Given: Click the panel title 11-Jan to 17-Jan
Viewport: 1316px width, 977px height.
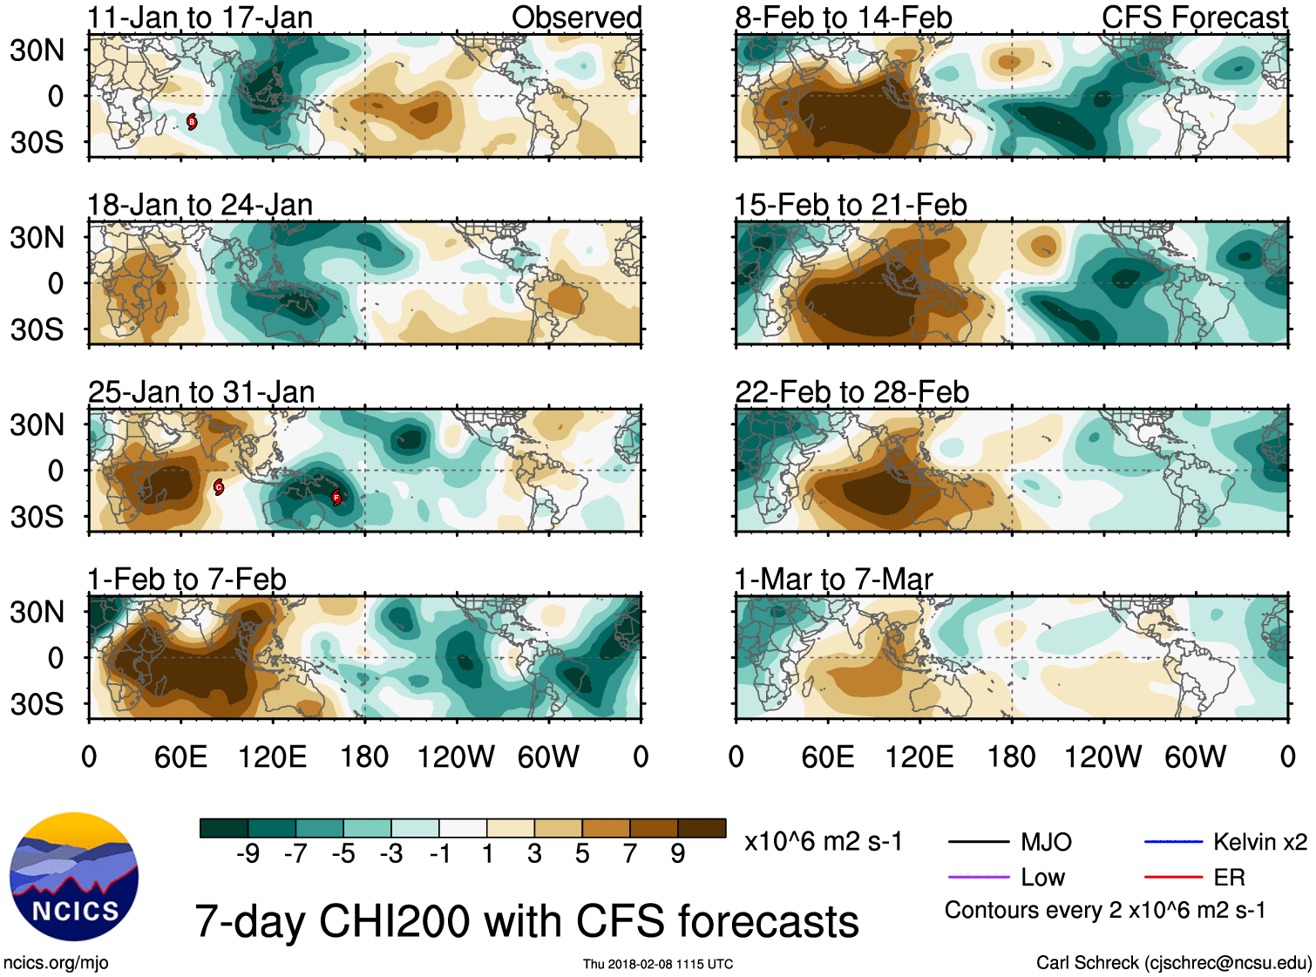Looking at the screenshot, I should coord(200,17).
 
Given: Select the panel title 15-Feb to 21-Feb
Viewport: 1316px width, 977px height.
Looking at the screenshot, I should coord(850,205).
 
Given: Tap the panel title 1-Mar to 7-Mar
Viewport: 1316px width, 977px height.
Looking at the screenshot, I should coord(833,580).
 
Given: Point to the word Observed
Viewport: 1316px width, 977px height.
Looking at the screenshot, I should coord(576,17).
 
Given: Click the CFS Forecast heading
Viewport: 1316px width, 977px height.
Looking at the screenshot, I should coord(1194,17).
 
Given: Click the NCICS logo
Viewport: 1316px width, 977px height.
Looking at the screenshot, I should coord(74,877).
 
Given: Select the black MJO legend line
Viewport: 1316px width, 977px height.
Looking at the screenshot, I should coord(978,842).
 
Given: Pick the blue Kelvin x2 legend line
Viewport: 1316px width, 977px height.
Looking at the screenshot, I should coord(1173,842).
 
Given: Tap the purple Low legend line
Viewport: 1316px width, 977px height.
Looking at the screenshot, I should coord(978,878).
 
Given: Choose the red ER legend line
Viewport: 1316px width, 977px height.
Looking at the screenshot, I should coord(1173,878).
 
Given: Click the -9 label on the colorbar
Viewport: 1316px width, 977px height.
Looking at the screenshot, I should coord(248,853).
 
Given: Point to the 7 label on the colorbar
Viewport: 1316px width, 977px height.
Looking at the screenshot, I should coord(630,853).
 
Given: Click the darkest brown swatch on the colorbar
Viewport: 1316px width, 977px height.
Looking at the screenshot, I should coord(702,828).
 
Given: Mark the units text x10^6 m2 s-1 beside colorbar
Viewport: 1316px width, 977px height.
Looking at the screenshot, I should coord(823,842).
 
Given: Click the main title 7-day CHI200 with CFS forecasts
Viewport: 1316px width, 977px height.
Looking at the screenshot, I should coord(526,921).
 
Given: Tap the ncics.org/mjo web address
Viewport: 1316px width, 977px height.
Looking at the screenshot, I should coord(56,963).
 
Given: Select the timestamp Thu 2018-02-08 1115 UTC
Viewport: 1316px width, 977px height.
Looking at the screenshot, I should coord(658,964).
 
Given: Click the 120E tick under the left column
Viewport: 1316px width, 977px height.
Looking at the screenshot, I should coord(272,756).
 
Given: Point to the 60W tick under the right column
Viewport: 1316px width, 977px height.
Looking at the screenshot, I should coord(1195,756).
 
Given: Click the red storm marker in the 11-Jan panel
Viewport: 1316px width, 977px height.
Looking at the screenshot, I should coord(192,122).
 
